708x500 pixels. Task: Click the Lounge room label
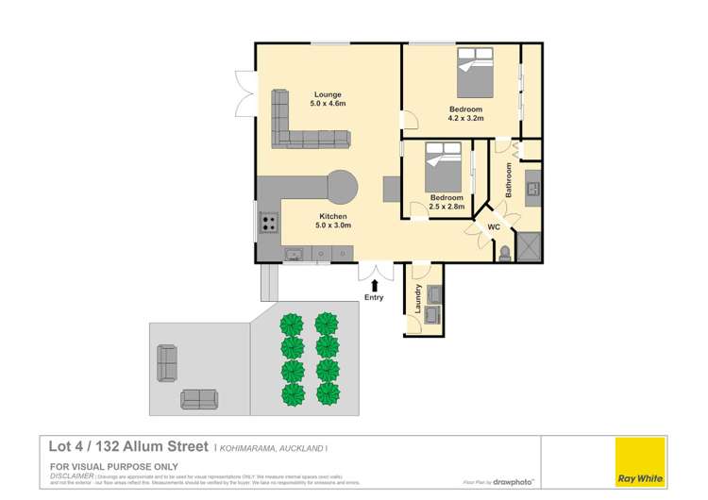click(x=328, y=94)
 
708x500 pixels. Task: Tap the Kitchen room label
click(x=332, y=216)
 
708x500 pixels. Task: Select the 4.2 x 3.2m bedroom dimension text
click(x=465, y=120)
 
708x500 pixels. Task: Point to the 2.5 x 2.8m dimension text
click(x=448, y=206)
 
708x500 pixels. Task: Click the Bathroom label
click(x=508, y=179)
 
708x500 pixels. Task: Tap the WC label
click(x=493, y=228)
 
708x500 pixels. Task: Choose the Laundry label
click(x=417, y=300)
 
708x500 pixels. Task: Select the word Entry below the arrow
click(x=375, y=298)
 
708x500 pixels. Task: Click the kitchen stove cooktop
click(x=269, y=224)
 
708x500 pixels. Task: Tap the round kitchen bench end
click(x=342, y=185)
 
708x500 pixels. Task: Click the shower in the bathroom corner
click(x=531, y=248)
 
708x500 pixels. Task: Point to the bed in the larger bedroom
click(x=485, y=75)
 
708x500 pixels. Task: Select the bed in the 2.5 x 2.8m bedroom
click(x=443, y=169)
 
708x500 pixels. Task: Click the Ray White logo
click(x=640, y=462)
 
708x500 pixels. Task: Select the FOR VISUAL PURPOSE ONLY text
click(x=103, y=466)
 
